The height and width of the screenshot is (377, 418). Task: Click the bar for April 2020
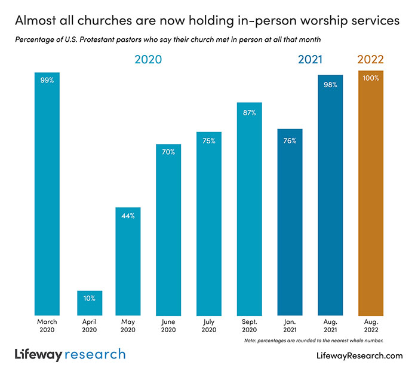point(90,303)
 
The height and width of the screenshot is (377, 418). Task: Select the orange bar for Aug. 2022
point(371,197)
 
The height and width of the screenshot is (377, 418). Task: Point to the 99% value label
point(47,80)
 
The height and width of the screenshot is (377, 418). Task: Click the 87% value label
point(249,113)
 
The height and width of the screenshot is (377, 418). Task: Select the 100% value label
point(371,78)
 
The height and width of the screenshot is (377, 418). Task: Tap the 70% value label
point(168,152)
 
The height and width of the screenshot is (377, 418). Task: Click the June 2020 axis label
point(168,325)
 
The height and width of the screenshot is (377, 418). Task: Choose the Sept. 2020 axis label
point(249,325)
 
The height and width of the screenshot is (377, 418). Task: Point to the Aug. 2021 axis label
point(330,325)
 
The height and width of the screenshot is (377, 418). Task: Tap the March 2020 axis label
point(47,325)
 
